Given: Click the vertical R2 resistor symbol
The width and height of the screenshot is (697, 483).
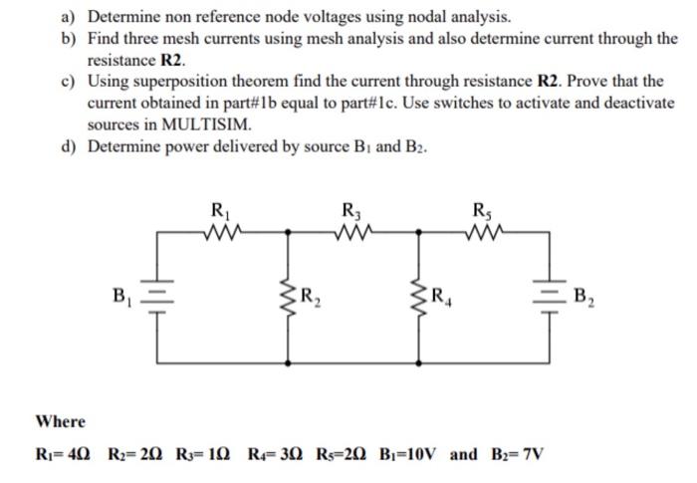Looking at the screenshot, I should (x=290, y=294).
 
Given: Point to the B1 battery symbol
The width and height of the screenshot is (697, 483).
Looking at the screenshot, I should (x=156, y=295).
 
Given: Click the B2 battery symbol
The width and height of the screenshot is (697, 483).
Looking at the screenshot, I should (x=549, y=294).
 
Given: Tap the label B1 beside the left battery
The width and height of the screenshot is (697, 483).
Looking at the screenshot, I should (x=123, y=295).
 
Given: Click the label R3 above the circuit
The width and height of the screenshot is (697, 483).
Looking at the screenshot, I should (x=351, y=210).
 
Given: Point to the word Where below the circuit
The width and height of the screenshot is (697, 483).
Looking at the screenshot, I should (x=61, y=421).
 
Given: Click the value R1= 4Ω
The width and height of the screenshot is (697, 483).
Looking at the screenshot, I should (x=61, y=455).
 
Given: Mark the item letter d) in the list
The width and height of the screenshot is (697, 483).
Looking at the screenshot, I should (x=69, y=148).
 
